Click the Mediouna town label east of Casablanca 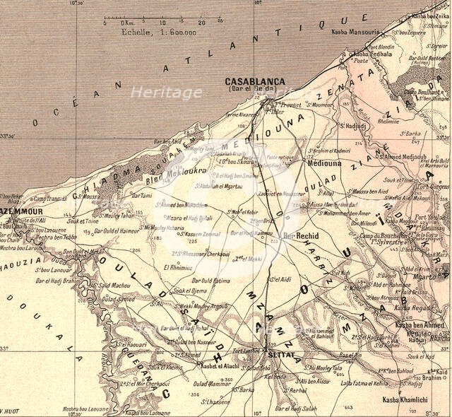(323, 162)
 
